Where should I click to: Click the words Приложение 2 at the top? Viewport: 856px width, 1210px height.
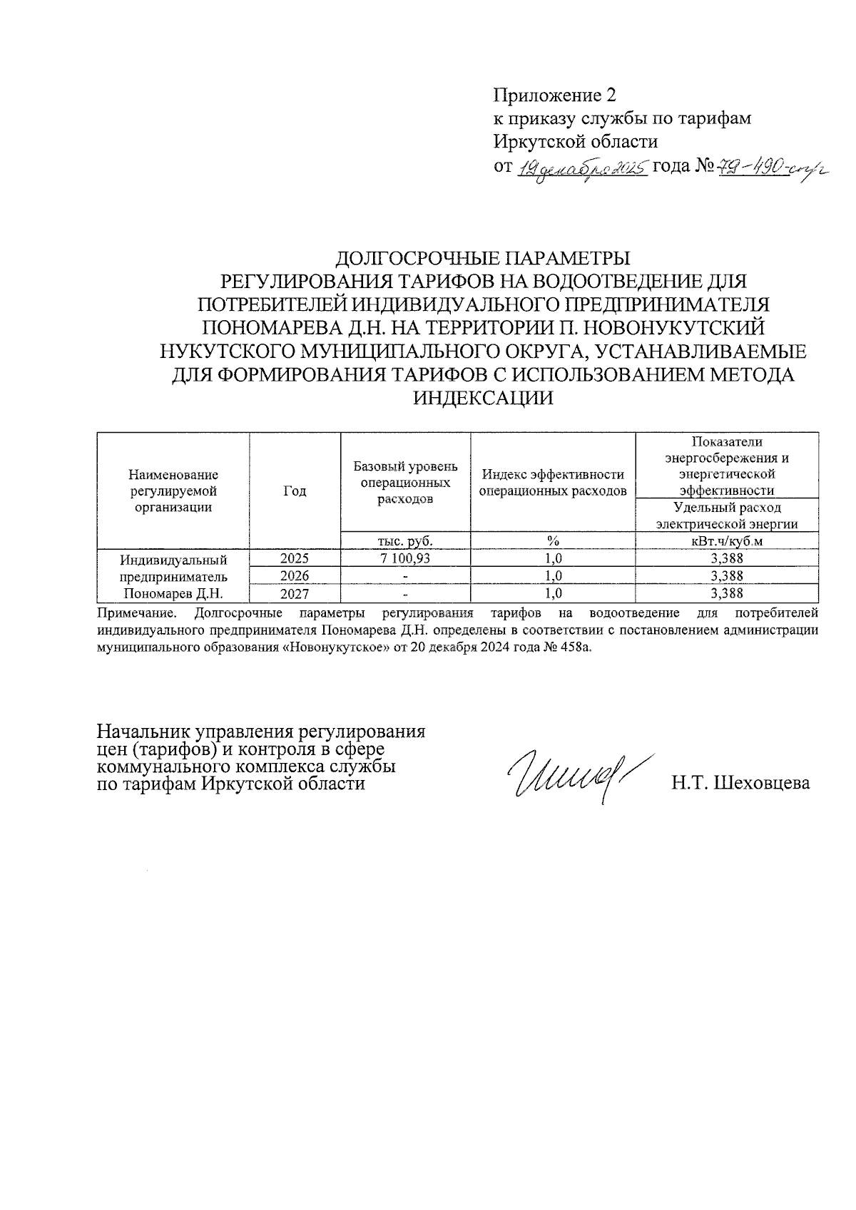[x=554, y=95]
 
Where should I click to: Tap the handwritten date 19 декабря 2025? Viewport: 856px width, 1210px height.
[x=581, y=168]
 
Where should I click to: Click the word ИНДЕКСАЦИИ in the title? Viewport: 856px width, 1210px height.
[x=484, y=398]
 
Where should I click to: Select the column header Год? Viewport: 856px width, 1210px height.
[x=295, y=491]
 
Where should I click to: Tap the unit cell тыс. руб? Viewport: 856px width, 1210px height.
[x=405, y=540]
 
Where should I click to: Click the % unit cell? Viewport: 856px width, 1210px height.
[x=553, y=540]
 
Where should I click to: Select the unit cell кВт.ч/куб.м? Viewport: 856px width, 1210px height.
[x=727, y=540]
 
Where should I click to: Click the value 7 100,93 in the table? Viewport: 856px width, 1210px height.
[x=405, y=558]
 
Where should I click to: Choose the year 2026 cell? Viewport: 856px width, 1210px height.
[x=295, y=575]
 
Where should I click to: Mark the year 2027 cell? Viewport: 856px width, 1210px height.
[x=295, y=593]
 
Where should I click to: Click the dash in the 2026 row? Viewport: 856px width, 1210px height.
[x=405, y=576]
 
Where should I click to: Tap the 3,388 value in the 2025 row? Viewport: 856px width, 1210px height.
[x=727, y=558]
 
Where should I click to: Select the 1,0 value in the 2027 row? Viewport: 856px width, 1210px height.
[x=553, y=593]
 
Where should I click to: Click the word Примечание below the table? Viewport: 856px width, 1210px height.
[x=135, y=612]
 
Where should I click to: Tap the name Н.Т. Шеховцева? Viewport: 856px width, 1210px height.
[x=740, y=784]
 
